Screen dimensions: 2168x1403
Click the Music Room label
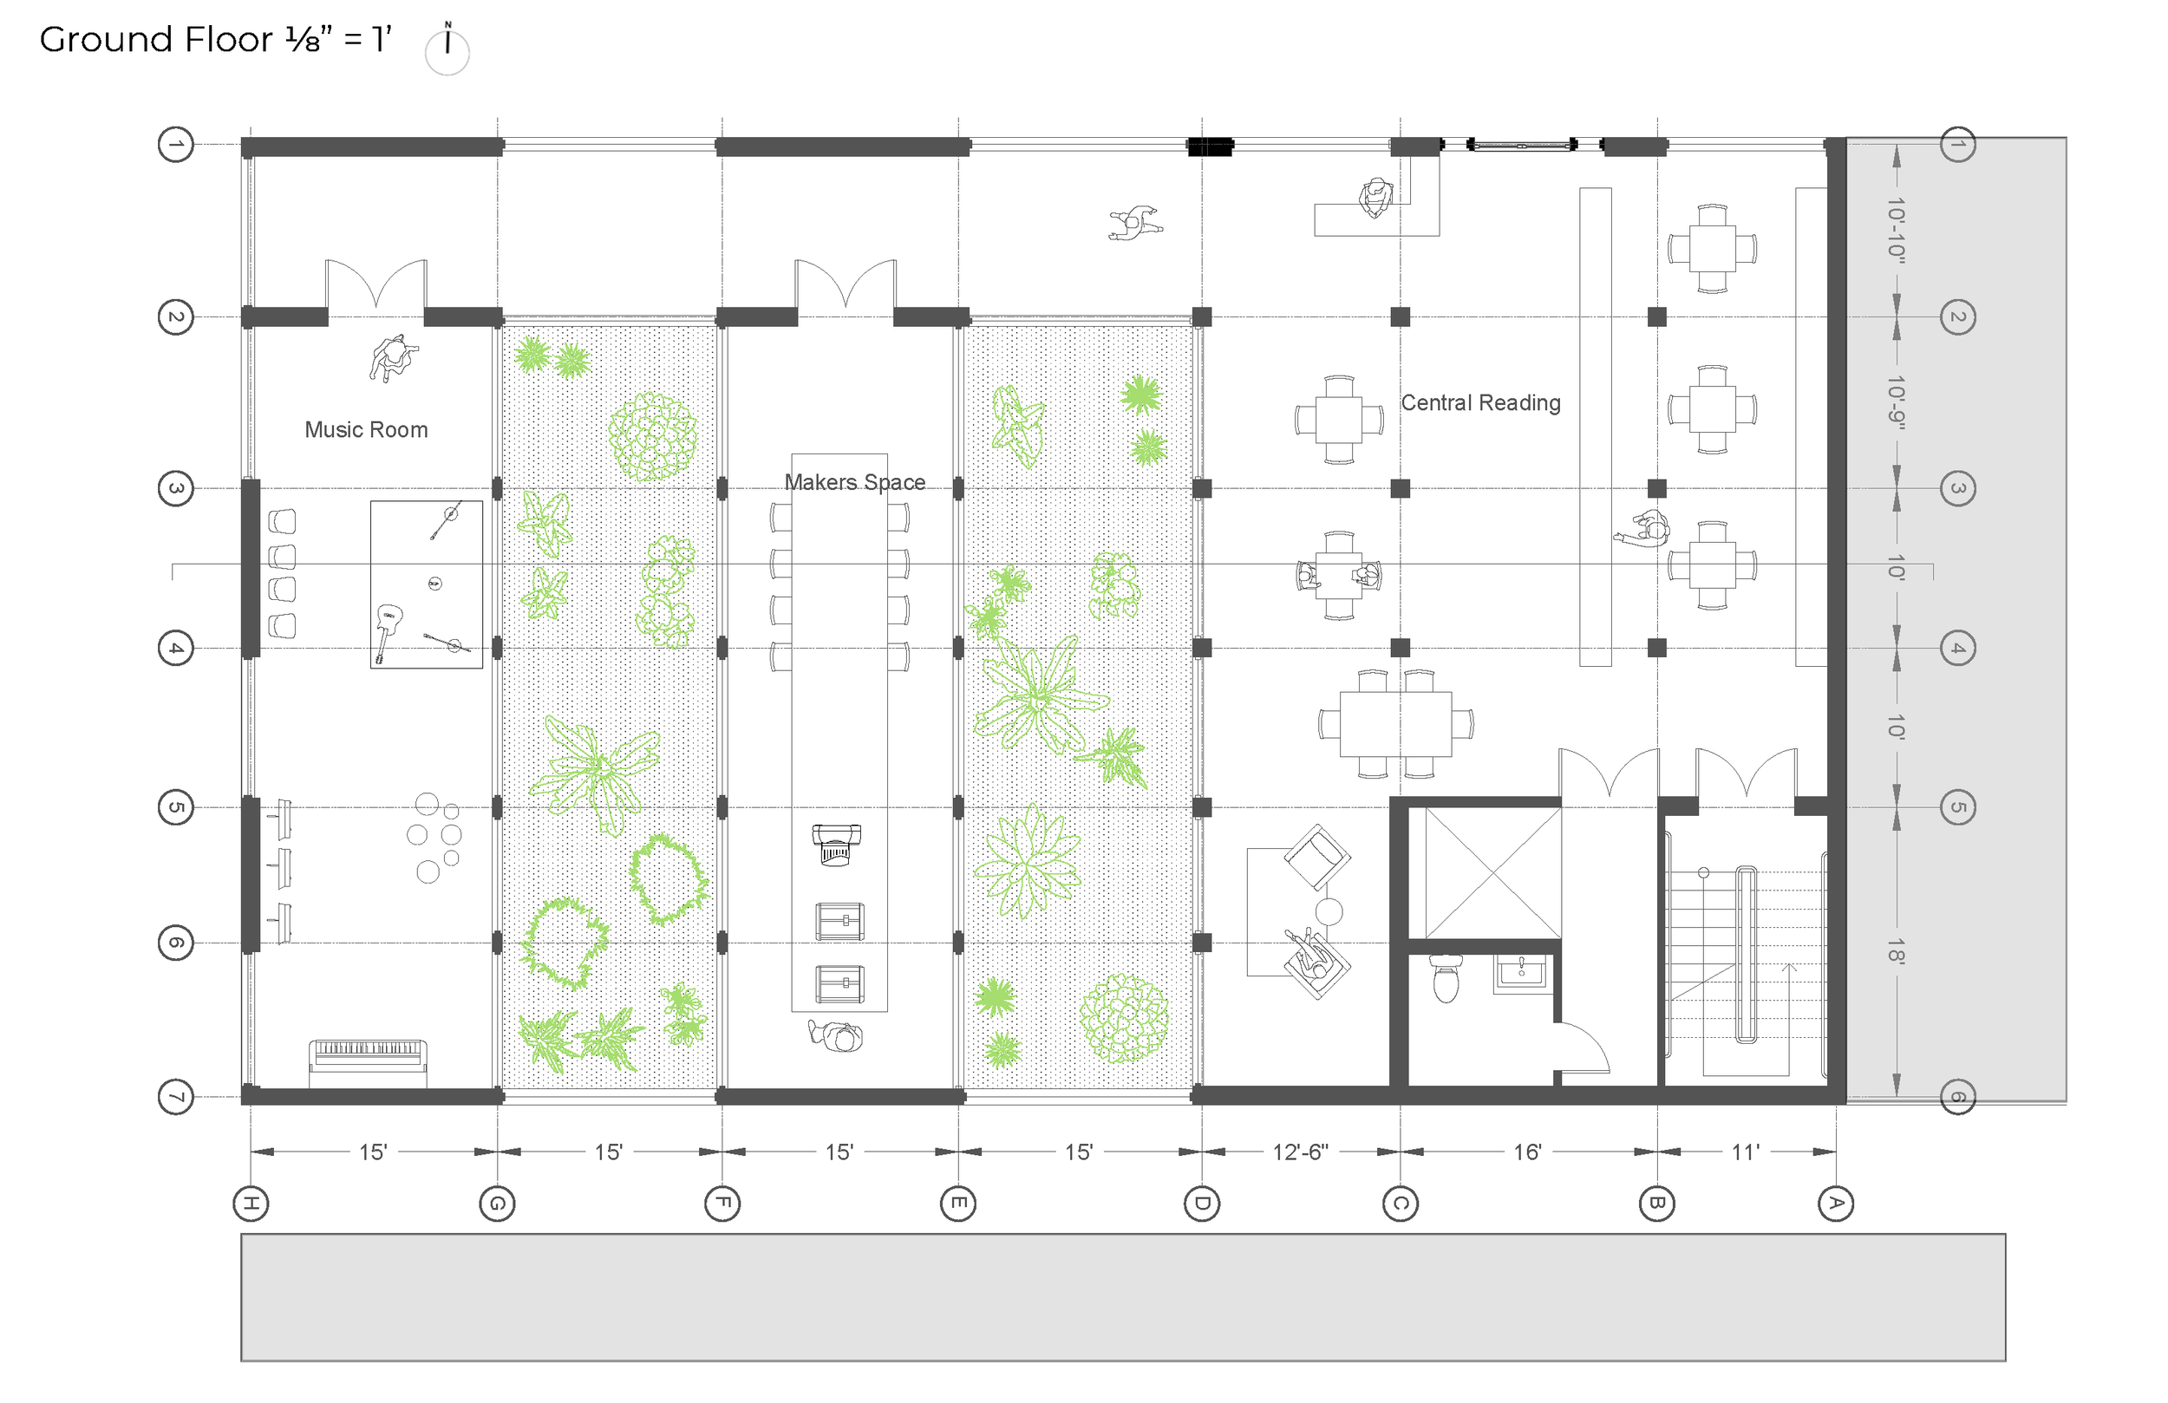point(366,430)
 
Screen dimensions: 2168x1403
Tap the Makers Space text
point(854,482)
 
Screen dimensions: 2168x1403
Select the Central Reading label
point(1480,402)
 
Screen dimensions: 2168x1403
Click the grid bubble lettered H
point(251,1204)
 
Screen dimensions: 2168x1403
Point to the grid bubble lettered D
point(1202,1204)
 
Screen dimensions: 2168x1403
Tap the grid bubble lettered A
point(1836,1204)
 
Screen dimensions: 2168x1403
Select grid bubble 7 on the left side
point(176,1097)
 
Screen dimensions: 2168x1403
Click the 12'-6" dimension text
point(1300,1152)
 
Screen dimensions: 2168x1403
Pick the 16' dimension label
point(1528,1152)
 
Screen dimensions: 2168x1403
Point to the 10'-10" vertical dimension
point(1896,231)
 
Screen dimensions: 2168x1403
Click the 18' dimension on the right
point(1896,951)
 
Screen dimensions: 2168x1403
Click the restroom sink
point(1520,972)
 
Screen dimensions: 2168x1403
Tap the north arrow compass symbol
point(447,50)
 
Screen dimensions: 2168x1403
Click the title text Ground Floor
point(156,39)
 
